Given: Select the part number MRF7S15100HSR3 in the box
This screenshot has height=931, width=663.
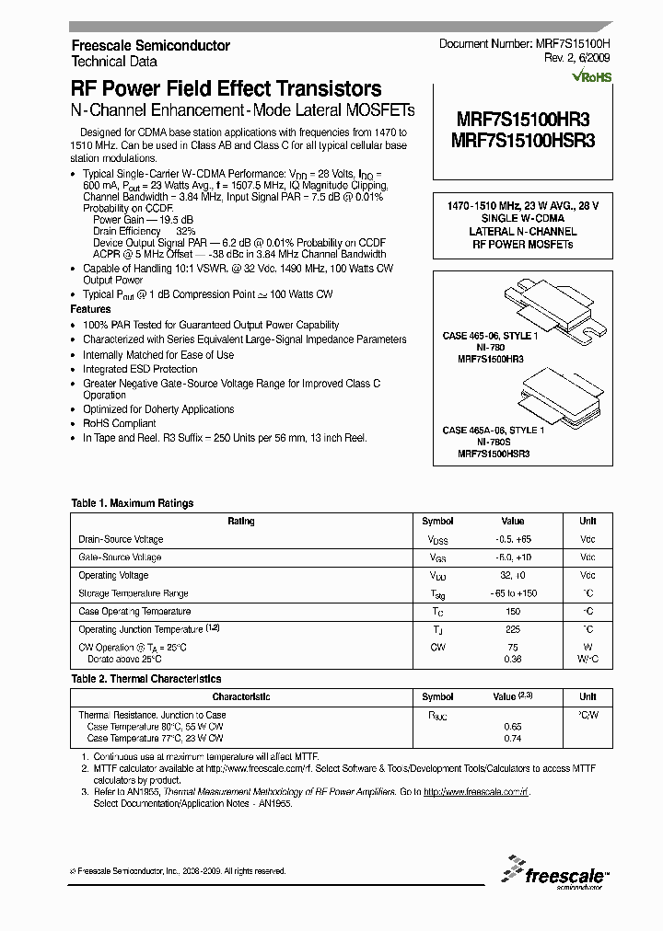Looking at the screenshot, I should (x=524, y=140).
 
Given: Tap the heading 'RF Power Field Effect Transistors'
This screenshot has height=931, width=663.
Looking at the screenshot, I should (x=227, y=89).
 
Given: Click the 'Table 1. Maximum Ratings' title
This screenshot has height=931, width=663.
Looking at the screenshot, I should (x=133, y=503).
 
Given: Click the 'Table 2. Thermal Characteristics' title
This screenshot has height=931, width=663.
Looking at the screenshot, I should (x=145, y=679).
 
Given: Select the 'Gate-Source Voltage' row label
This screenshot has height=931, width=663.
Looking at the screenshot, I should (x=120, y=557).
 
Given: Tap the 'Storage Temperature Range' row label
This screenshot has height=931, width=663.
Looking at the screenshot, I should (x=134, y=593).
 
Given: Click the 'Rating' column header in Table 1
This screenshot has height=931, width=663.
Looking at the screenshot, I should (x=241, y=522).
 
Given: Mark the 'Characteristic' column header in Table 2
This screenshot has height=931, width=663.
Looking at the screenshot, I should (x=241, y=697).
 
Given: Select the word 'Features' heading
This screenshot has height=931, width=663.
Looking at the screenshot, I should (x=91, y=310).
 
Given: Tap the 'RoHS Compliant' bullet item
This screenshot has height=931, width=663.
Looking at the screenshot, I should (x=120, y=424).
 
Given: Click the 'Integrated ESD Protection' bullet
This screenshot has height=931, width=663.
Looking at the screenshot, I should (x=140, y=369).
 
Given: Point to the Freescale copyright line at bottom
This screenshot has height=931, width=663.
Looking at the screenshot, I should (x=178, y=870).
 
